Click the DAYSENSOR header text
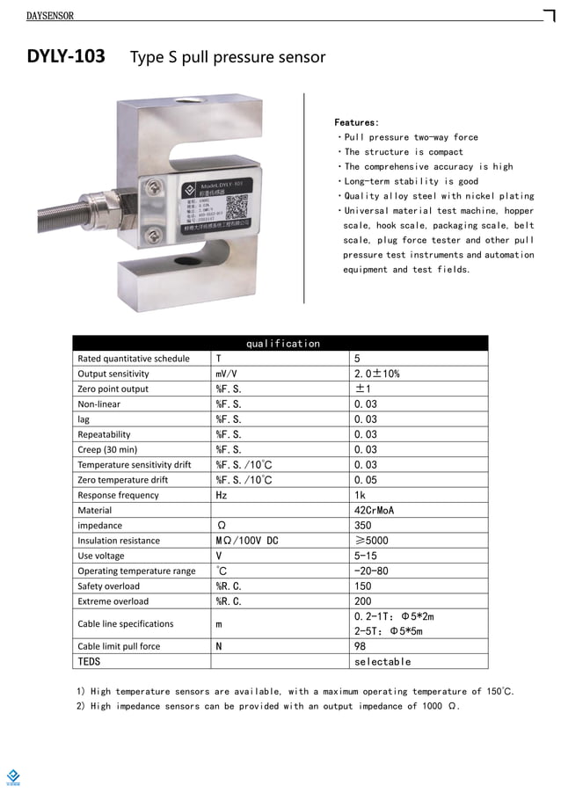click(50, 16)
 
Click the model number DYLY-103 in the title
click(66, 57)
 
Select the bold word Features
click(357, 122)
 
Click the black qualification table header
click(280, 343)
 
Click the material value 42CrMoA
click(374, 510)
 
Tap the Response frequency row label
click(119, 495)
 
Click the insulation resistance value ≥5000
click(370, 541)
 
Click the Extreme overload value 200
click(362, 601)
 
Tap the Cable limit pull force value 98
click(360, 646)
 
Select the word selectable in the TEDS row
click(382, 661)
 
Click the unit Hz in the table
click(222, 495)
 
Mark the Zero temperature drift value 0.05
click(365, 480)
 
